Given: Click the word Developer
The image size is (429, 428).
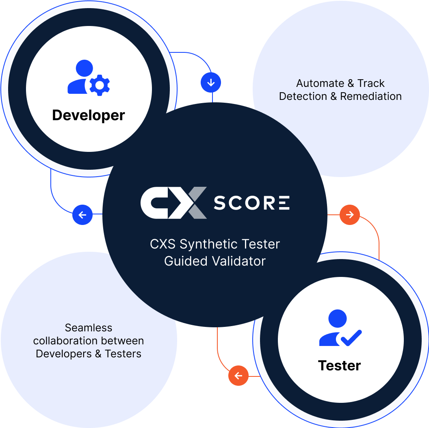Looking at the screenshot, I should pos(89,115).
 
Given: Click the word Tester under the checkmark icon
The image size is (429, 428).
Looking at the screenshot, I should pos(339,365).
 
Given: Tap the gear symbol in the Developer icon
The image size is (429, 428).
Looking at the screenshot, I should pos(100,85).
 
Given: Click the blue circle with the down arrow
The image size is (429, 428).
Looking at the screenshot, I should pos(211,83).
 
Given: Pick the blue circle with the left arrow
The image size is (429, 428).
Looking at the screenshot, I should pos(82,215).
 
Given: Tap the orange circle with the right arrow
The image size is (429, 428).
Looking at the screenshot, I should pos(350,214).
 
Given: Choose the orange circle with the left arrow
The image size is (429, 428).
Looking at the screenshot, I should pos(238,376).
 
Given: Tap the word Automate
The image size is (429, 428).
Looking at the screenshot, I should pos(320,83).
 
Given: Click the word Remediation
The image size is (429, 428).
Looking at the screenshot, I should pos(370,96).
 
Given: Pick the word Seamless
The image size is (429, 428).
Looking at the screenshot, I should pos(89,328).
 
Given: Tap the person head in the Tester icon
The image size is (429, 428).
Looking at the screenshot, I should pos(338,318).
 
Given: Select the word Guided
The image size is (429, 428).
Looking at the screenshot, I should pos(182,261).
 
